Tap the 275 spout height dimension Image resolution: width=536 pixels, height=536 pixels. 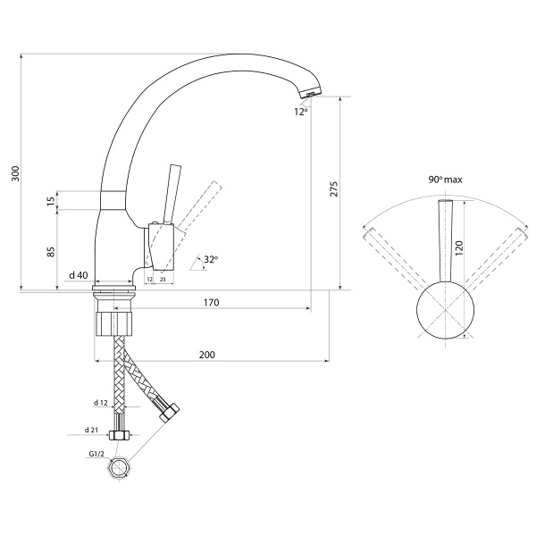tap(334, 188)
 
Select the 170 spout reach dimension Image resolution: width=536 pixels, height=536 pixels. tap(211, 303)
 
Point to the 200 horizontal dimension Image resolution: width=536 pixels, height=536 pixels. tap(207, 355)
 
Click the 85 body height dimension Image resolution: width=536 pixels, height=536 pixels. tap(51, 252)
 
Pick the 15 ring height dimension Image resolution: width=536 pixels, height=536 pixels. tap(51, 201)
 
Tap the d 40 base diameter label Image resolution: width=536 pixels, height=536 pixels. tap(79, 275)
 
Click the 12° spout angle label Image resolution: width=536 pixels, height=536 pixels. tap(301, 112)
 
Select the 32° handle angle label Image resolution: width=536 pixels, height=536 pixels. tap(211, 259)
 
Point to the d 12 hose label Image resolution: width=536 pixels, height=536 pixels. tap(101, 403)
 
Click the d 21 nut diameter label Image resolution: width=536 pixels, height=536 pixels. tap(91, 430)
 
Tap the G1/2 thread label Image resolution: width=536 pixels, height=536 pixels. tap(96, 454)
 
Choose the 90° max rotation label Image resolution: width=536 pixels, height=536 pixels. tap(445, 180)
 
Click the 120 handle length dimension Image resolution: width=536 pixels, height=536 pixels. tap(459, 247)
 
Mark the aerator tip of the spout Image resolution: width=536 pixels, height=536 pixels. tap(311, 92)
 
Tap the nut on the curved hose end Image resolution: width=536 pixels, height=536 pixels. tap(170, 412)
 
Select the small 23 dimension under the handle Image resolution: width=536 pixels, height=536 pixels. tap(163, 280)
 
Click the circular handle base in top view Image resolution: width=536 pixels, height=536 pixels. tap(445, 310)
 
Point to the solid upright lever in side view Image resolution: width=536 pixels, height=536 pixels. tap(172, 195)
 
